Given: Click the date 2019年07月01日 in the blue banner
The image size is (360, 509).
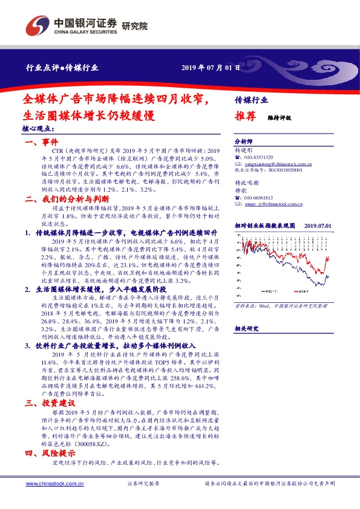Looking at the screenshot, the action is [x=211, y=68].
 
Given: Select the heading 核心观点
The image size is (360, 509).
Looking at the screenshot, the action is [x=38, y=129].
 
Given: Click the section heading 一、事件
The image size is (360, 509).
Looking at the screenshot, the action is [x=40, y=142].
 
